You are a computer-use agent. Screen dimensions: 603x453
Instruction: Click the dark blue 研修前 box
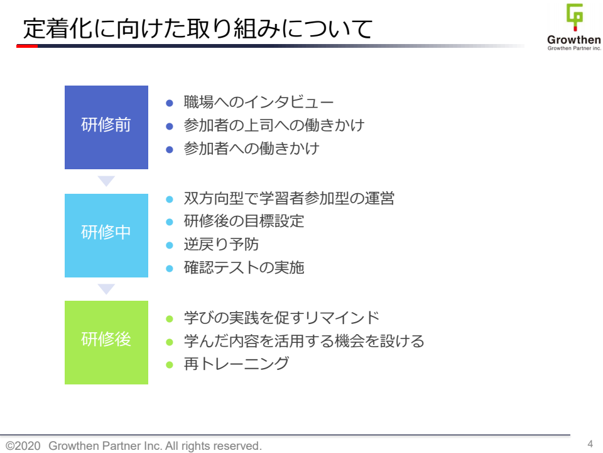click(x=106, y=127)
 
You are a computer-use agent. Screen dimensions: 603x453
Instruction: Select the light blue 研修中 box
click(x=106, y=235)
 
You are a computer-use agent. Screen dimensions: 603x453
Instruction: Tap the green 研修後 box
click(x=106, y=342)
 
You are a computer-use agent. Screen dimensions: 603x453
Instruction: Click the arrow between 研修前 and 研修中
click(x=106, y=181)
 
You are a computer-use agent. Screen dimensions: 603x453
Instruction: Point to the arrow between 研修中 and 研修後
click(x=106, y=289)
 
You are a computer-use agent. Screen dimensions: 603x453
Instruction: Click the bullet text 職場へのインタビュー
click(x=258, y=102)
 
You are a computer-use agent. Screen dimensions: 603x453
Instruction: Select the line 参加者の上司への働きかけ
click(x=274, y=125)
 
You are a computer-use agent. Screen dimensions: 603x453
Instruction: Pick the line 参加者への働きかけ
click(x=251, y=148)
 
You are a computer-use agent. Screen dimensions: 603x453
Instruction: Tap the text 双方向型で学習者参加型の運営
click(x=289, y=198)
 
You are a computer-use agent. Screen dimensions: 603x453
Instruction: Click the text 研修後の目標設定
click(x=244, y=221)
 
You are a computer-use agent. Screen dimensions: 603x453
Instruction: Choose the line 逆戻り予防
click(x=221, y=244)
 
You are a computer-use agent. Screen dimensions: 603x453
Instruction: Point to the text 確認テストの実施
click(x=244, y=267)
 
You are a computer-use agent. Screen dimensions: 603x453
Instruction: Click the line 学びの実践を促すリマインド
click(x=281, y=318)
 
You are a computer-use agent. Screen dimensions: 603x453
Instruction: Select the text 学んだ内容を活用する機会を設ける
click(x=304, y=341)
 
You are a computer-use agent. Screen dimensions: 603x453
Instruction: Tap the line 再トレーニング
click(x=236, y=364)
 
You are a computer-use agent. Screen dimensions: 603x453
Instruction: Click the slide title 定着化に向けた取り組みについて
click(x=198, y=28)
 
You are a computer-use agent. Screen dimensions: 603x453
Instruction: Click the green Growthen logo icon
click(x=575, y=17)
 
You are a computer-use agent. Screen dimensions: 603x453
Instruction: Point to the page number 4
click(x=590, y=444)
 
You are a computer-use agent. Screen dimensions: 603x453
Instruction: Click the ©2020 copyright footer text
click(x=133, y=445)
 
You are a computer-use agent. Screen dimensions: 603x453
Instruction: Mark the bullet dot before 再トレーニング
click(x=169, y=365)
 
